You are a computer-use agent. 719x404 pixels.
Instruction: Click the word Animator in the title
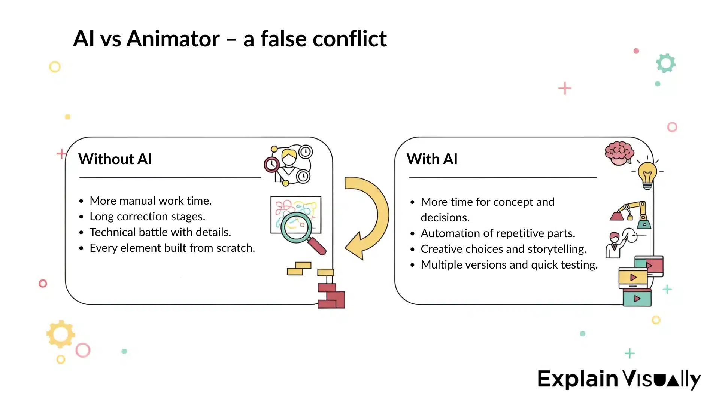[173, 39]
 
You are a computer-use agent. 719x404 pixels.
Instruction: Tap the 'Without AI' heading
[115, 159]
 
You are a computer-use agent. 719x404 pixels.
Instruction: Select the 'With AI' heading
[432, 159]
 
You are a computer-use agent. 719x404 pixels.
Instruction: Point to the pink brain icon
[619, 153]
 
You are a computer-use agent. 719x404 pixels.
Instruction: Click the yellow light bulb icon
[647, 174]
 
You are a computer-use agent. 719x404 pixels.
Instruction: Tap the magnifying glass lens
[296, 227]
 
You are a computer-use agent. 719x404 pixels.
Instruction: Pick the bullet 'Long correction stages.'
[147, 217]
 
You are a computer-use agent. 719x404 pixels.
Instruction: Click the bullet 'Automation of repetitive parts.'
[498, 233]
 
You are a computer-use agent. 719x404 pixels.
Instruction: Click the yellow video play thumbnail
[633, 278]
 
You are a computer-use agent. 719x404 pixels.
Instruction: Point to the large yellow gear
[61, 334]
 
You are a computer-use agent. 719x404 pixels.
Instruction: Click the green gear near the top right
[665, 63]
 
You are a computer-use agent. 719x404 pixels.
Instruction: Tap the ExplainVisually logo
[619, 379]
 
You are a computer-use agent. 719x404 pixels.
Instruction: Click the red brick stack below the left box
[331, 296]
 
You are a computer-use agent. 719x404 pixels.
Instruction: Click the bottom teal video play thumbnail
[637, 299]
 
